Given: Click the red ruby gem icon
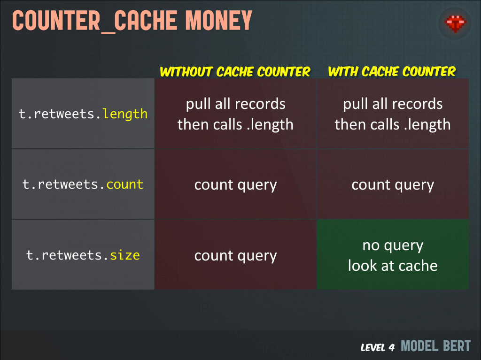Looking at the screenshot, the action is (455, 23).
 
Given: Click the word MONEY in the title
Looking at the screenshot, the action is (219, 21).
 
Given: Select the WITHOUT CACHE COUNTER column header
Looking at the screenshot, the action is (235, 72).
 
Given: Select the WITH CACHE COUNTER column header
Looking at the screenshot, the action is (392, 72).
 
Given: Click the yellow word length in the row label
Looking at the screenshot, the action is (125, 114).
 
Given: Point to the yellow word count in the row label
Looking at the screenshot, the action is (125, 184).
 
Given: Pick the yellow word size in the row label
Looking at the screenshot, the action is (125, 255).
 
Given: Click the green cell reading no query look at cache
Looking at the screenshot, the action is (393, 254).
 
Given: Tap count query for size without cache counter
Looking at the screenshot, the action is (236, 256).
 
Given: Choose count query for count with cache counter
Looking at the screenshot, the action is (393, 185).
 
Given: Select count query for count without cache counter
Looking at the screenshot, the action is (236, 185).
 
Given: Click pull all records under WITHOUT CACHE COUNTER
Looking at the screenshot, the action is (236, 104).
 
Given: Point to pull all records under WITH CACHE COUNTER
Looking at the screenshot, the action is (393, 104).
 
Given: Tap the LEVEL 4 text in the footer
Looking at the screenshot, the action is (378, 347).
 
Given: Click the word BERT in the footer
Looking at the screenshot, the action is (457, 346).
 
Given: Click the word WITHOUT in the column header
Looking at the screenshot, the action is (186, 72).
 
